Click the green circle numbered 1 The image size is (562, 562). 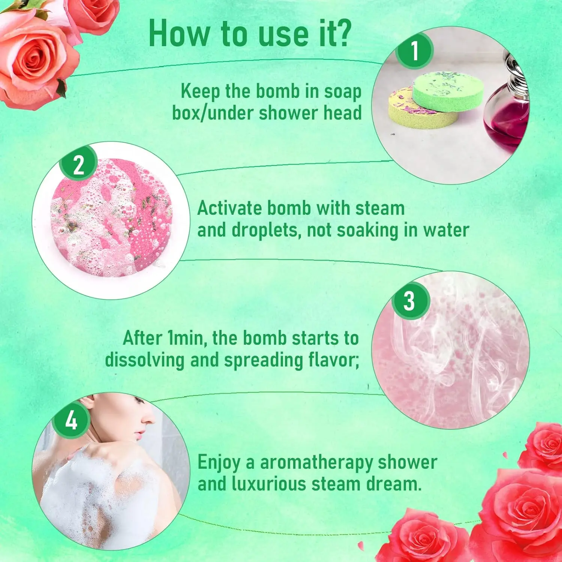(x=415, y=51)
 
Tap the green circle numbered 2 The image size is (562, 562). (x=79, y=164)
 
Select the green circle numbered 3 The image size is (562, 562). (x=410, y=301)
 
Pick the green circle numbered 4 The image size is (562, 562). (x=71, y=420)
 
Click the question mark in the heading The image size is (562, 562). (x=342, y=34)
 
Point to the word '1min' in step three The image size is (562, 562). (x=186, y=338)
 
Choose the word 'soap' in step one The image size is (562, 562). (x=342, y=92)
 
